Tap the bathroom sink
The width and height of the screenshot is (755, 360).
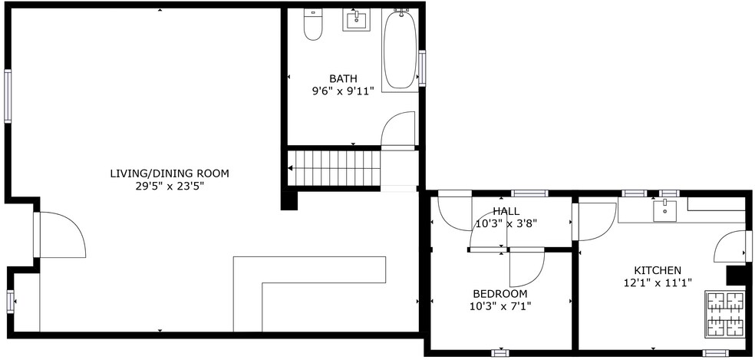[356, 21]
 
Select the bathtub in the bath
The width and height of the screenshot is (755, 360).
[400, 50]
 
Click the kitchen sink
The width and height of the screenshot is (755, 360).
[664, 210]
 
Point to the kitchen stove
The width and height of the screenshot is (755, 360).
[724, 313]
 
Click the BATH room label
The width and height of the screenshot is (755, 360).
[343, 78]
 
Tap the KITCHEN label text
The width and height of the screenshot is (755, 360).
[658, 270]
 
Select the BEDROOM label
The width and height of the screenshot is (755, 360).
[499, 293]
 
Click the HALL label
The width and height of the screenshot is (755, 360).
[506, 211]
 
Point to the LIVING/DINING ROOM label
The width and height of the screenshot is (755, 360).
[170, 173]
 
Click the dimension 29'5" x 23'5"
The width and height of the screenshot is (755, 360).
[170, 186]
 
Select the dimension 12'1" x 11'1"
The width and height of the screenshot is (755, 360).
[658, 283]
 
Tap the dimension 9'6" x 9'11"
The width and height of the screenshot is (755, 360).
[343, 91]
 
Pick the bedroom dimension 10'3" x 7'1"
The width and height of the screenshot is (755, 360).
[499, 306]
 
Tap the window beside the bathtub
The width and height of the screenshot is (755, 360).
[422, 68]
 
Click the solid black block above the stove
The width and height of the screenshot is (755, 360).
[735, 276]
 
